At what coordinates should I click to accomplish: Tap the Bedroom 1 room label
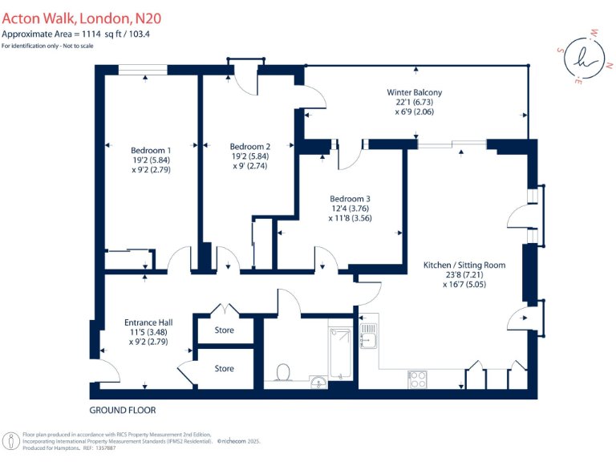[x=151, y=150]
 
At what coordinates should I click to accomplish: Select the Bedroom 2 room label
[x=249, y=146]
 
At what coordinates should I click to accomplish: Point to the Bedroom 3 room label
[x=351, y=198]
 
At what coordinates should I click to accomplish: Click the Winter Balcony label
[x=414, y=92]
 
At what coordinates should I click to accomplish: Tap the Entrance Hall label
[x=151, y=322]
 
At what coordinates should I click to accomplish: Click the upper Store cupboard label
[x=225, y=330]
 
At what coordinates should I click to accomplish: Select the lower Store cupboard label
[x=225, y=368]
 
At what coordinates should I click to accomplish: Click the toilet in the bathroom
[x=282, y=372]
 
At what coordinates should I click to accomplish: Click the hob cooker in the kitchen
[x=418, y=379]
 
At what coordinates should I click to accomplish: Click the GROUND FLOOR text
[x=123, y=411]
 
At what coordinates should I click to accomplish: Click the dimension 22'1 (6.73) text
[x=414, y=103]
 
